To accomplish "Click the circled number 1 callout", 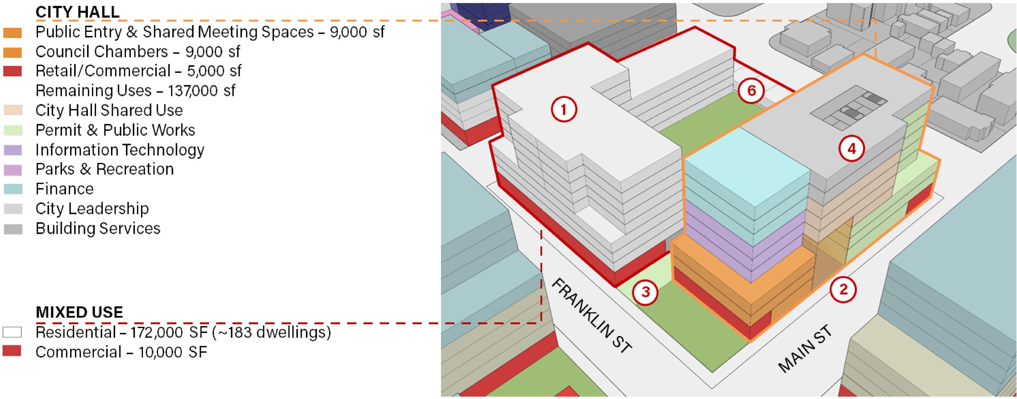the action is click(x=564, y=109).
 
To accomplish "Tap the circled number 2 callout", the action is click(x=843, y=289).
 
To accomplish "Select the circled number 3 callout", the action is click(x=645, y=292).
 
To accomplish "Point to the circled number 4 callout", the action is click(x=851, y=149).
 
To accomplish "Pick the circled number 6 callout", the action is click(x=751, y=91).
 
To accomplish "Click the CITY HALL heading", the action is click(x=77, y=12).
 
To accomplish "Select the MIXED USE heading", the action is click(x=79, y=312).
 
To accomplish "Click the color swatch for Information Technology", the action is click(x=12, y=150).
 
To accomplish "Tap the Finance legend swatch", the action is click(x=12, y=189).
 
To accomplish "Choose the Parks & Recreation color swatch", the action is click(x=12, y=170).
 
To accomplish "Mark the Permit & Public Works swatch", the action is click(x=12, y=130).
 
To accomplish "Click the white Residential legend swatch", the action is click(x=12, y=332).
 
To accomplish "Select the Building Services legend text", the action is click(x=98, y=228).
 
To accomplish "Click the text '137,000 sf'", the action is click(x=201, y=91).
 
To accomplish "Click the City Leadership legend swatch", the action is click(x=12, y=209).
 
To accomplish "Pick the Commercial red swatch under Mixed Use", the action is click(x=12, y=351).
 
